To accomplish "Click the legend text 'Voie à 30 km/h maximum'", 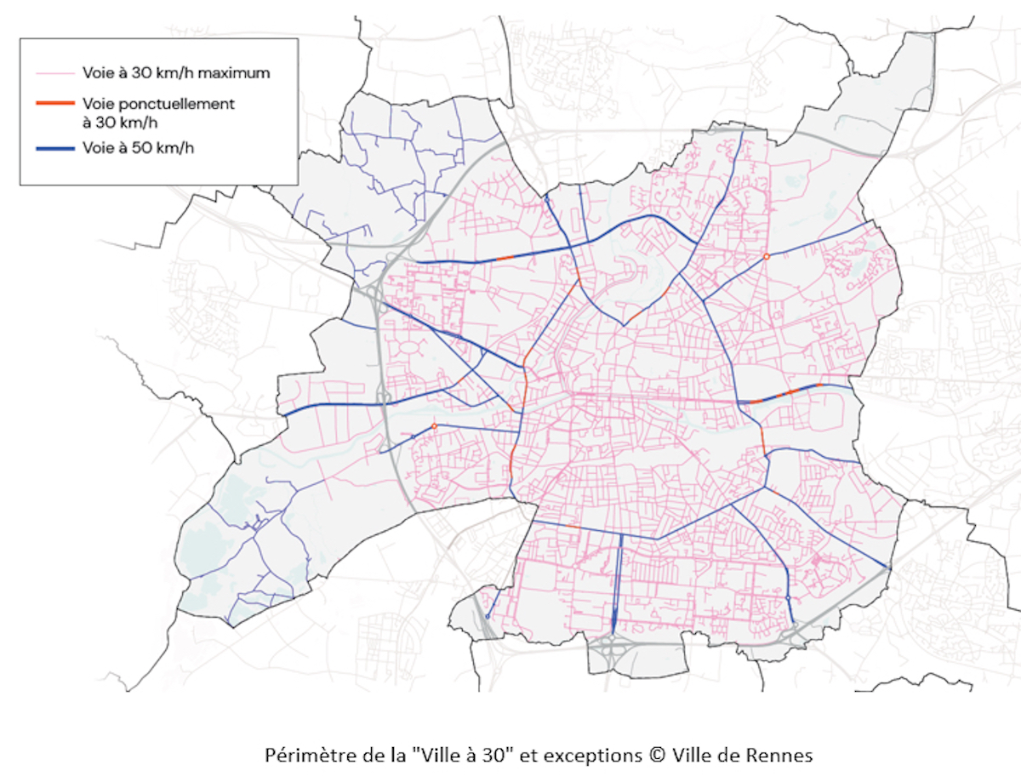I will click(x=176, y=73).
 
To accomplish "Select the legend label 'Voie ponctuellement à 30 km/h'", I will click(x=158, y=111).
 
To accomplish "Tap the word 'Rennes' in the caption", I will click(x=784, y=755).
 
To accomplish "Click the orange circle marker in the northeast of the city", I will click(x=766, y=256).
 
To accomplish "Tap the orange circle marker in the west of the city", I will click(x=434, y=425).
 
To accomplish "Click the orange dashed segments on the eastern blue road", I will click(x=787, y=392).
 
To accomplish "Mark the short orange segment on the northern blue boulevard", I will click(x=505, y=258).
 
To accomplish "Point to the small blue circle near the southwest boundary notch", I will click(x=488, y=616).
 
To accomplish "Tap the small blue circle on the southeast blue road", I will click(x=789, y=598).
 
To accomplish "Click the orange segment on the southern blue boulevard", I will click(x=573, y=527).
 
